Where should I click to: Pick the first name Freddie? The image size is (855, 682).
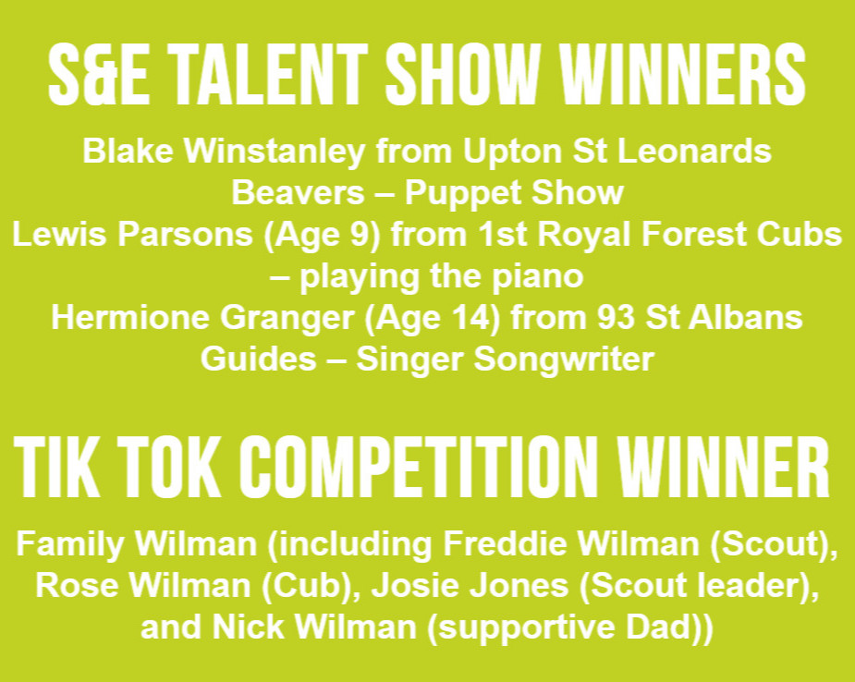pos(490,545)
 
